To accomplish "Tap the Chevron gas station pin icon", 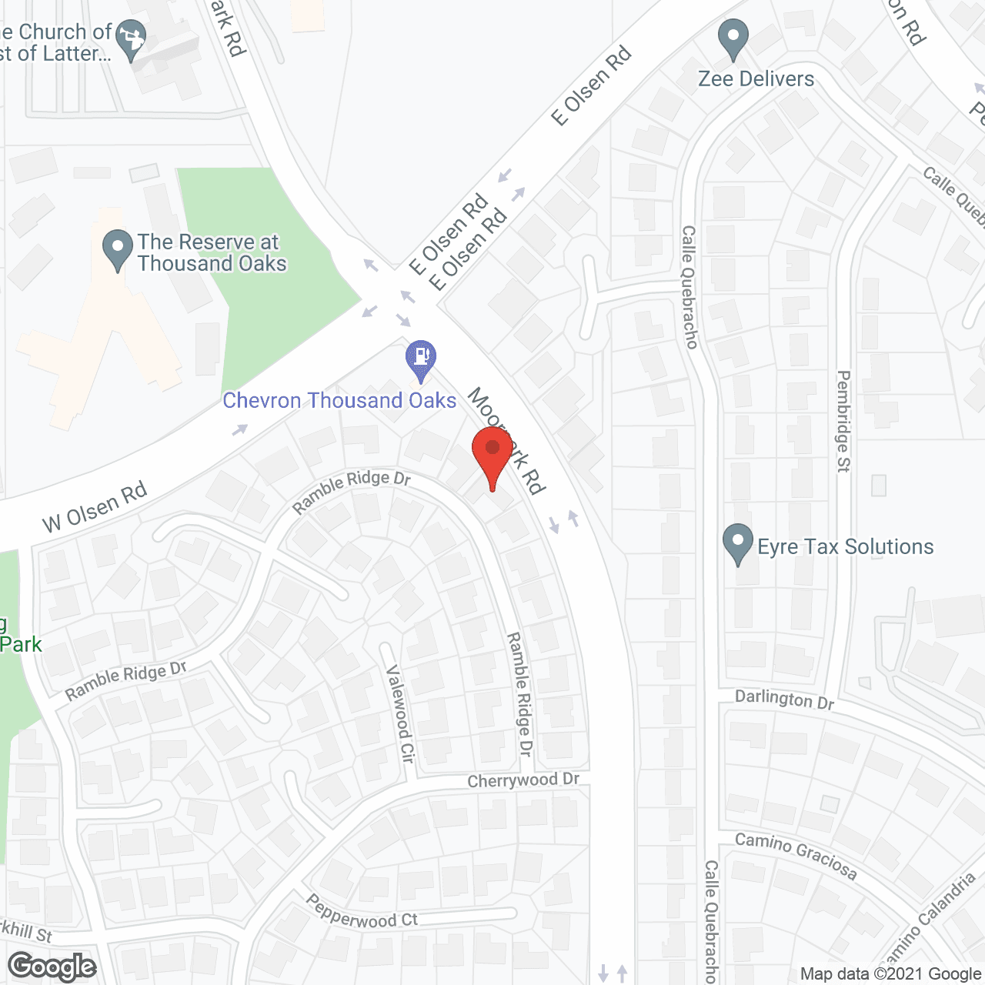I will tap(421, 359).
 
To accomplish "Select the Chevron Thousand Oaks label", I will tap(339, 401).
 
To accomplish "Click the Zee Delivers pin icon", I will tap(733, 38).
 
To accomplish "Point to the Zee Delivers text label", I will tap(756, 79).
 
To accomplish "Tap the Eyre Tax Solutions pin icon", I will tap(738, 543).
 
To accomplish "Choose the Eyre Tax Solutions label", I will tap(845, 547).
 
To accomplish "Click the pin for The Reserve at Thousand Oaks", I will tap(117, 249).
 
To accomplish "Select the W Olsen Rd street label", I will tap(95, 508).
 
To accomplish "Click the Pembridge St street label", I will tap(843, 421).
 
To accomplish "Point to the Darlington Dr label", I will tap(784, 700).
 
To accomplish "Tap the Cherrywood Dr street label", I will tap(523, 780).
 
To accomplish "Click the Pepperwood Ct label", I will tap(362, 912).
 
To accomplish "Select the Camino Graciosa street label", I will tap(796, 855).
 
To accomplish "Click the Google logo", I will tap(52, 967).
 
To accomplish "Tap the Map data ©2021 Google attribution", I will tap(890, 974).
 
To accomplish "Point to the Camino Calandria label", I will tap(927, 920).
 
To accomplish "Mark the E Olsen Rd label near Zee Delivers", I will tap(592, 85).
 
